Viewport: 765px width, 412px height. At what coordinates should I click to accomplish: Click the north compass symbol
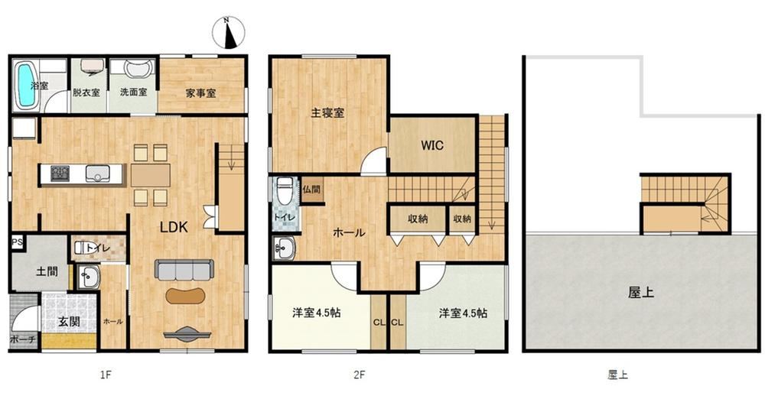click(227, 33)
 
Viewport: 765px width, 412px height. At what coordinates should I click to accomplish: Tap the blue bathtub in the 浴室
click(26, 86)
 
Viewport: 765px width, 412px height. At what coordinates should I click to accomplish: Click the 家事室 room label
click(200, 92)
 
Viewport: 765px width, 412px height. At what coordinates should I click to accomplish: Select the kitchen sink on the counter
click(98, 174)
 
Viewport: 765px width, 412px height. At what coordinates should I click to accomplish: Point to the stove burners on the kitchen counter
click(60, 174)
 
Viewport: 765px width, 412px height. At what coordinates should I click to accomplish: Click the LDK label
click(174, 227)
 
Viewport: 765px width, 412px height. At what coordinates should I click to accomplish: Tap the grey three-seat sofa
click(184, 270)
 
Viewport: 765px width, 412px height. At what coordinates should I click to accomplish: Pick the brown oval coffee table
click(185, 296)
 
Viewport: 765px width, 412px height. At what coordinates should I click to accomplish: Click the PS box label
click(17, 243)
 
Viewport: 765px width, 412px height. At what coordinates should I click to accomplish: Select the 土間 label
click(47, 271)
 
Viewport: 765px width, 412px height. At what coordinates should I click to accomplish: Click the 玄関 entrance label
click(69, 322)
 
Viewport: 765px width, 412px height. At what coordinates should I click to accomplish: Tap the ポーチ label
click(23, 339)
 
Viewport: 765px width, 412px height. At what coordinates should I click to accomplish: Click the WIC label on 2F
click(432, 144)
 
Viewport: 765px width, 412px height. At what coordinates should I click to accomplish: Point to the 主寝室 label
click(327, 112)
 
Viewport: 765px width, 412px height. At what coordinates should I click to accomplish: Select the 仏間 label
click(311, 189)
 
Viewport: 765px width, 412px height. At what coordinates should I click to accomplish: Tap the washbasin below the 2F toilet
click(284, 248)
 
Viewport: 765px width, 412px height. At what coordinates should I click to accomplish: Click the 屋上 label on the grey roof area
click(640, 293)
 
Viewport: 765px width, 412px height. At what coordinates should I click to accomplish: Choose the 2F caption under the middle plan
click(360, 375)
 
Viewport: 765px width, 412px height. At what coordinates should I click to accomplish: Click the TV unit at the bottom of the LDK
click(187, 335)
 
